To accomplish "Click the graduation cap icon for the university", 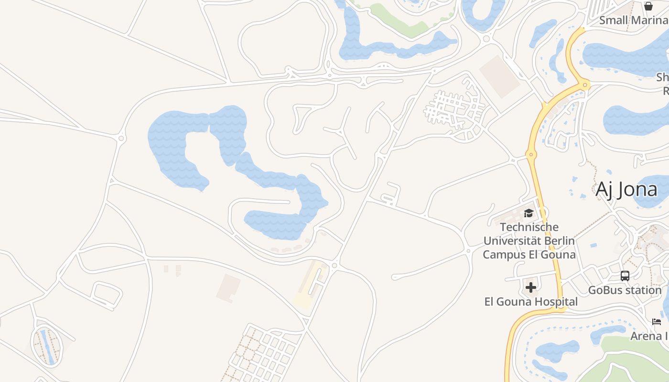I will pyautogui.click(x=529, y=213).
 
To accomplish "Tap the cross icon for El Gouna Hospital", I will pyautogui.click(x=530, y=287).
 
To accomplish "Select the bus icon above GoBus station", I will pyautogui.click(x=625, y=276).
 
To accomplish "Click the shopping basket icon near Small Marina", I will pyautogui.click(x=648, y=6).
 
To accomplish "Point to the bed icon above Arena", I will pyautogui.click(x=657, y=321).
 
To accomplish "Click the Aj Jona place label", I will pyautogui.click(x=626, y=190).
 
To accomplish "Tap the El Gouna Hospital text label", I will pyautogui.click(x=531, y=302).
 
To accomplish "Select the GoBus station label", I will pyautogui.click(x=625, y=290).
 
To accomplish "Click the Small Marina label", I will pyautogui.click(x=633, y=20).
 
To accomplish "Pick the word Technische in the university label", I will pyautogui.click(x=529, y=227).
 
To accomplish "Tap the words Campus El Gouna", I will pyautogui.click(x=529, y=255).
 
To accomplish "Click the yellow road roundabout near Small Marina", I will pyautogui.click(x=584, y=85).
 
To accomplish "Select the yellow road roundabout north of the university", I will pyautogui.click(x=529, y=154).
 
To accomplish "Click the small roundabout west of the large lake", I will pyautogui.click(x=121, y=138).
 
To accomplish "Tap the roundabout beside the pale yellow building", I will pyautogui.click(x=334, y=265).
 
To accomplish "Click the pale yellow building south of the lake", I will pyautogui.click(x=310, y=285).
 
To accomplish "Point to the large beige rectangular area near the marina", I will pyautogui.click(x=499, y=76).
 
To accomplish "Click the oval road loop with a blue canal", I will pyautogui.click(x=47, y=345).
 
